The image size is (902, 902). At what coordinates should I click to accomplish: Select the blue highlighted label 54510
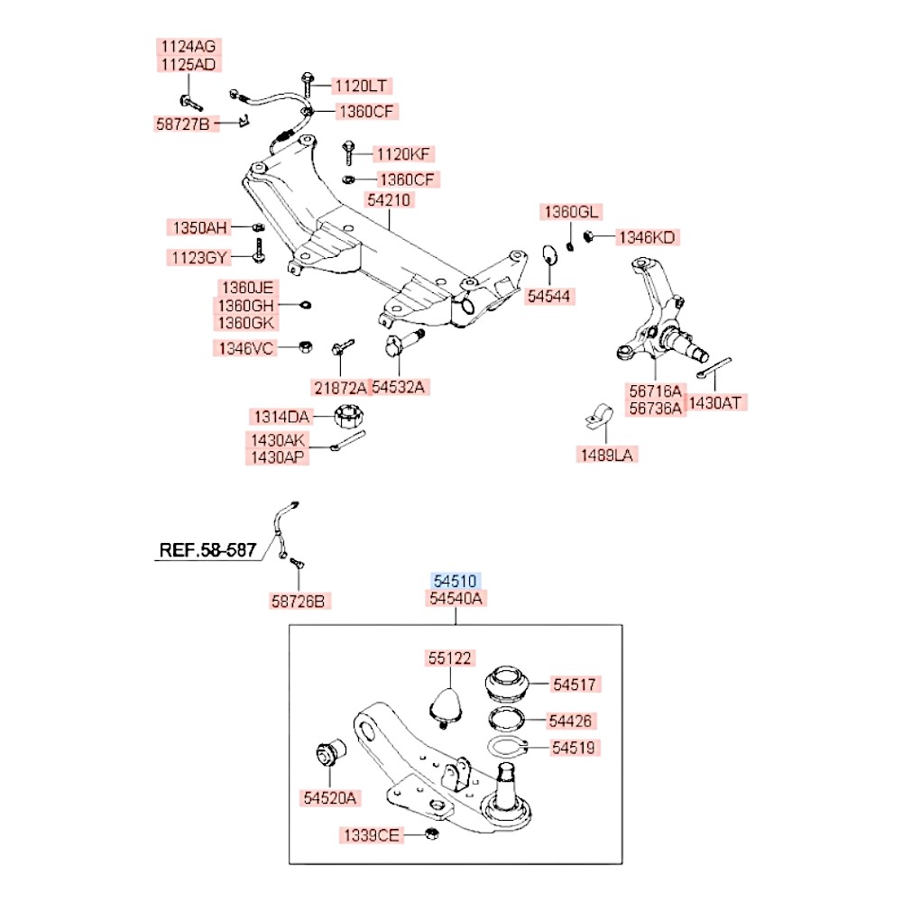click(x=456, y=581)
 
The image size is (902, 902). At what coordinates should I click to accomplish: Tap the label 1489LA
click(x=607, y=456)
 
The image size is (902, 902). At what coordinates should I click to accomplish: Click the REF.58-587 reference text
click(x=208, y=549)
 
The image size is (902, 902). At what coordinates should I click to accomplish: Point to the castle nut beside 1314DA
click(x=347, y=417)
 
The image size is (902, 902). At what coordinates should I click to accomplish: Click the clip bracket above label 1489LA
click(x=595, y=416)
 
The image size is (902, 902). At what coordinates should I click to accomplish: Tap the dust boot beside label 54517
click(x=508, y=686)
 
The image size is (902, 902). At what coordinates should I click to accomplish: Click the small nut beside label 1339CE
click(x=431, y=834)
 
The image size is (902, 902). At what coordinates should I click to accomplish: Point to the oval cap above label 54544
click(x=551, y=256)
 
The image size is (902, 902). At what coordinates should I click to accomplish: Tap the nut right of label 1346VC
click(x=306, y=347)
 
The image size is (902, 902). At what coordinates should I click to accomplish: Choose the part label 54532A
click(x=398, y=388)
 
